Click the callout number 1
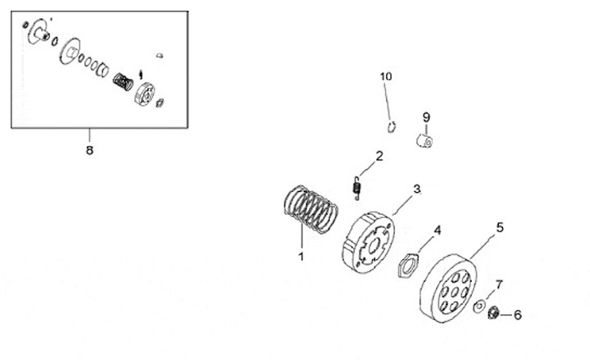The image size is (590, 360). tap(301, 256)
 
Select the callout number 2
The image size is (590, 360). tap(379, 156)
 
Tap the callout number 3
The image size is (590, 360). tap(416, 189)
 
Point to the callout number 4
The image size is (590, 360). tap(438, 230)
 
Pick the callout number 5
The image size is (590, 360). tap(499, 226)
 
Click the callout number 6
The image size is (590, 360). tap(517, 314)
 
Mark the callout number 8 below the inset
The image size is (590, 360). tap(89, 150)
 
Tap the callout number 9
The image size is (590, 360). tap(426, 117)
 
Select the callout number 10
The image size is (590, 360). tap(386, 76)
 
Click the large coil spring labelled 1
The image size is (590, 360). tap(311, 209)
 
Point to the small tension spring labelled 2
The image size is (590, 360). tap(356, 188)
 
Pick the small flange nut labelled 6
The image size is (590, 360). tap(494, 313)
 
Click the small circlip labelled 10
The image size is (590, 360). tap(393, 126)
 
